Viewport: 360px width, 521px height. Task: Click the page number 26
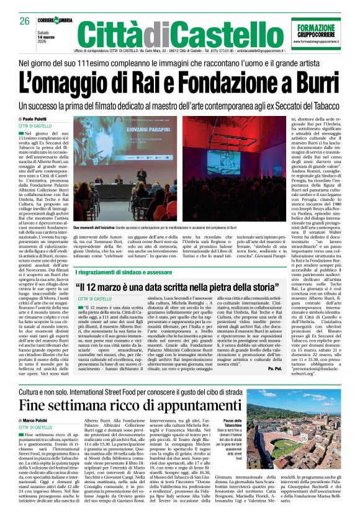[x=25, y=22]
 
